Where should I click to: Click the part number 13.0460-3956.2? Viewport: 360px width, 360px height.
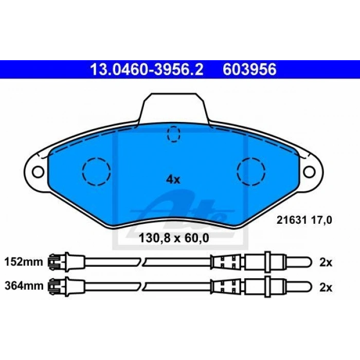click(147, 69)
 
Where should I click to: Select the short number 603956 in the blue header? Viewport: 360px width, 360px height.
click(249, 69)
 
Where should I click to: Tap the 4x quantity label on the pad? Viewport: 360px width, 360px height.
click(173, 179)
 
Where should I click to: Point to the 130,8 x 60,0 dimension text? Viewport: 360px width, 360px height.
click(174, 238)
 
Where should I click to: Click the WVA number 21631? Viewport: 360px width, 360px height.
click(292, 220)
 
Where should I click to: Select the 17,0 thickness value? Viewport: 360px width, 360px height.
click(321, 221)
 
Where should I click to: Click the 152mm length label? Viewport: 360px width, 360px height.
click(24, 262)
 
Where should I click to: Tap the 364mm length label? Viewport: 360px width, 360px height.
click(24, 286)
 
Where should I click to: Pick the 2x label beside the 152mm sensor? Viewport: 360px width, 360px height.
click(326, 262)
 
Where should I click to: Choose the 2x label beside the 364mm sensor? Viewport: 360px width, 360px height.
click(326, 287)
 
